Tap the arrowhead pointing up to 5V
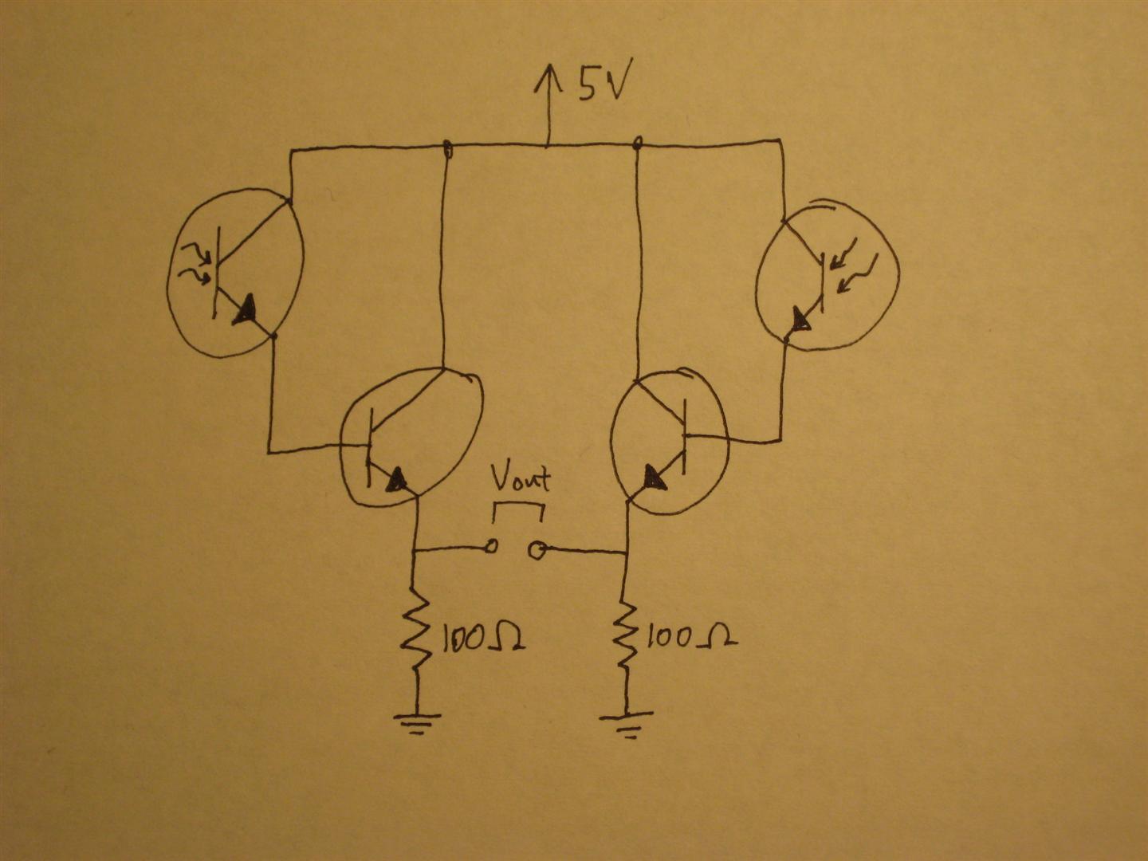coord(548,77)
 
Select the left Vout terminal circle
coord(492,547)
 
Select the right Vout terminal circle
coord(538,549)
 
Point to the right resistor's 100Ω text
coord(690,638)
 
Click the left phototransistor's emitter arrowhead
coord(246,310)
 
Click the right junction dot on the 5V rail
coord(637,143)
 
